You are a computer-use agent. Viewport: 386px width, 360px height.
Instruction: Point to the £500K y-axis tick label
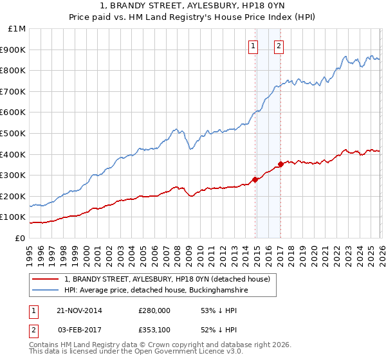pos(14,133)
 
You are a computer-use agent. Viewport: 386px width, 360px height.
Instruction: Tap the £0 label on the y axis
pos(20,238)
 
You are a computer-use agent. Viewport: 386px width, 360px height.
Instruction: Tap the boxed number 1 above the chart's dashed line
pos(253,46)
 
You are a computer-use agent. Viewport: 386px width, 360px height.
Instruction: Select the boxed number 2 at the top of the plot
pos(279,46)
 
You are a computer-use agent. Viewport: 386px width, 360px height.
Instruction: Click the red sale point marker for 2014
pos(255,179)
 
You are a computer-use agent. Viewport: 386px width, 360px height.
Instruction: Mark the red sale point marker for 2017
pos(280,164)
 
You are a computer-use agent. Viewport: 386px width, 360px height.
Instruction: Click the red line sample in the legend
pos(46,279)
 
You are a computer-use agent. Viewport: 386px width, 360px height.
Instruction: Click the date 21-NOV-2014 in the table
pos(79,310)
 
